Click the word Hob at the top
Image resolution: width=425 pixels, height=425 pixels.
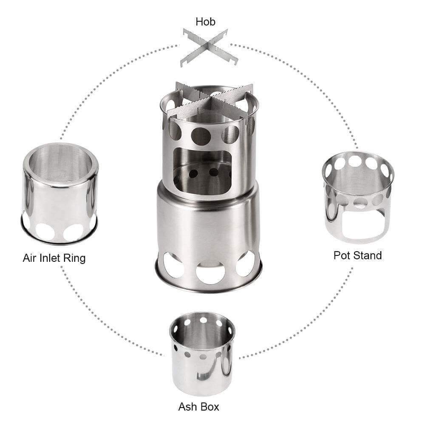point(206,21)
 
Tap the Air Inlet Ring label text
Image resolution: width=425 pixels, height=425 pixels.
point(54,258)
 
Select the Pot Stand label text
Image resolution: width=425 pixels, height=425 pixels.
point(357,255)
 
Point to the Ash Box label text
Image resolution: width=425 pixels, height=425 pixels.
point(199,406)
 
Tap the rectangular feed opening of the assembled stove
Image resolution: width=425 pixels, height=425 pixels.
point(203,169)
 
